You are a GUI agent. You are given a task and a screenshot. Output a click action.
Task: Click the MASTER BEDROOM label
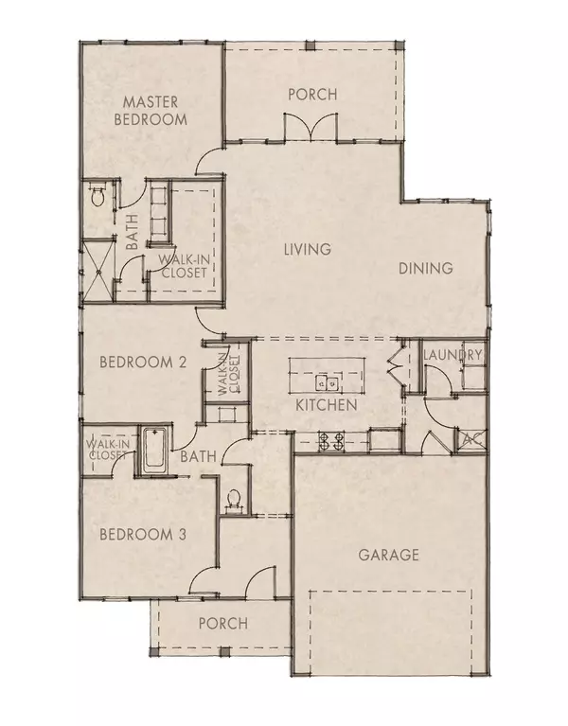tap(150, 110)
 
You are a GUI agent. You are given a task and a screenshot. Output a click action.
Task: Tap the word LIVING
tap(308, 250)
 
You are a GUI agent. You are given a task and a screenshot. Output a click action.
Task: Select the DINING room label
tap(426, 269)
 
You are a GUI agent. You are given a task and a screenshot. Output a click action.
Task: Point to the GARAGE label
tap(388, 555)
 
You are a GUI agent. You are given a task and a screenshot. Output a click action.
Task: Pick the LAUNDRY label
tap(453, 355)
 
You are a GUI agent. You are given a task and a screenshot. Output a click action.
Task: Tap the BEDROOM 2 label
tap(143, 363)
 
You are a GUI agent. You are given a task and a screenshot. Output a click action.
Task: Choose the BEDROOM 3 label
tap(143, 534)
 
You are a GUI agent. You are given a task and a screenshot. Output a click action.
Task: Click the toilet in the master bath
tap(96, 197)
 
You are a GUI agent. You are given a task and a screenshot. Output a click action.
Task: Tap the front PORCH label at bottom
tap(222, 624)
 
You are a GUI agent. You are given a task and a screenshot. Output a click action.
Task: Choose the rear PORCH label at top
tap(311, 94)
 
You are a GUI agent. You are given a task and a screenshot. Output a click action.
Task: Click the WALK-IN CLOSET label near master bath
tap(182, 266)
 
